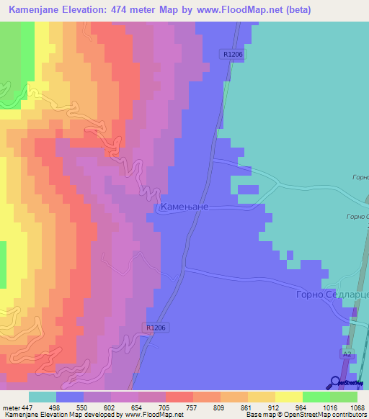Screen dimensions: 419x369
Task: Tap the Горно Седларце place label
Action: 332,295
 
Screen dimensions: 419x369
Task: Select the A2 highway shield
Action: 347,354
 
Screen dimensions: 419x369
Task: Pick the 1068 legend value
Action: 349,407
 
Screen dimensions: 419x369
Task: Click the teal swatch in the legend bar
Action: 43,397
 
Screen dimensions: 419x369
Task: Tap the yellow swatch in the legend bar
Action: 289,397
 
